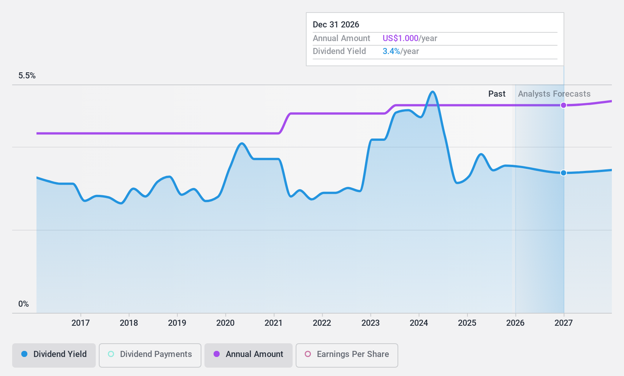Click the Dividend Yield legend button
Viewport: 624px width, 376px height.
click(x=54, y=354)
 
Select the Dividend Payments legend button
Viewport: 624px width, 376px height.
click(x=150, y=354)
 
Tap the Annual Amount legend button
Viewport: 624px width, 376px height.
click(x=248, y=354)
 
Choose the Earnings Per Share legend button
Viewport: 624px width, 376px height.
click(x=347, y=354)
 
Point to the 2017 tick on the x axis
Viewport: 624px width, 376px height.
click(x=81, y=323)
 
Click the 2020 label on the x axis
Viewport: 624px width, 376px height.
click(x=225, y=323)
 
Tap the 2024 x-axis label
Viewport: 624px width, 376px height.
click(x=419, y=323)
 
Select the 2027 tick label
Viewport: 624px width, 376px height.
click(x=564, y=323)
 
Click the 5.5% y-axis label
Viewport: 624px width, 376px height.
click(x=27, y=76)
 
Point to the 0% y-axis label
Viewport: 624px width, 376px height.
click(x=24, y=304)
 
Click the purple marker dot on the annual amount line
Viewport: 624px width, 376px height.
click(x=564, y=105)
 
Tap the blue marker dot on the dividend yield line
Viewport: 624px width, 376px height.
click(x=564, y=173)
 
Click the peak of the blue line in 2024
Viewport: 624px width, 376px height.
click(x=432, y=92)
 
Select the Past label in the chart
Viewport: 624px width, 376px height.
click(x=497, y=94)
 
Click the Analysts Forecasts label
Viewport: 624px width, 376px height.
click(x=554, y=94)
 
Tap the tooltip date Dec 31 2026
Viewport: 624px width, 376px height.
click(x=336, y=25)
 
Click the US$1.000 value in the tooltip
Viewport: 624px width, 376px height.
click(x=400, y=38)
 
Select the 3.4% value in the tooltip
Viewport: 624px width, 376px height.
click(x=391, y=51)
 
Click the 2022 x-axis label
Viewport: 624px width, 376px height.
click(x=322, y=323)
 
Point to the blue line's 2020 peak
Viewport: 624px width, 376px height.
click(x=242, y=143)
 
